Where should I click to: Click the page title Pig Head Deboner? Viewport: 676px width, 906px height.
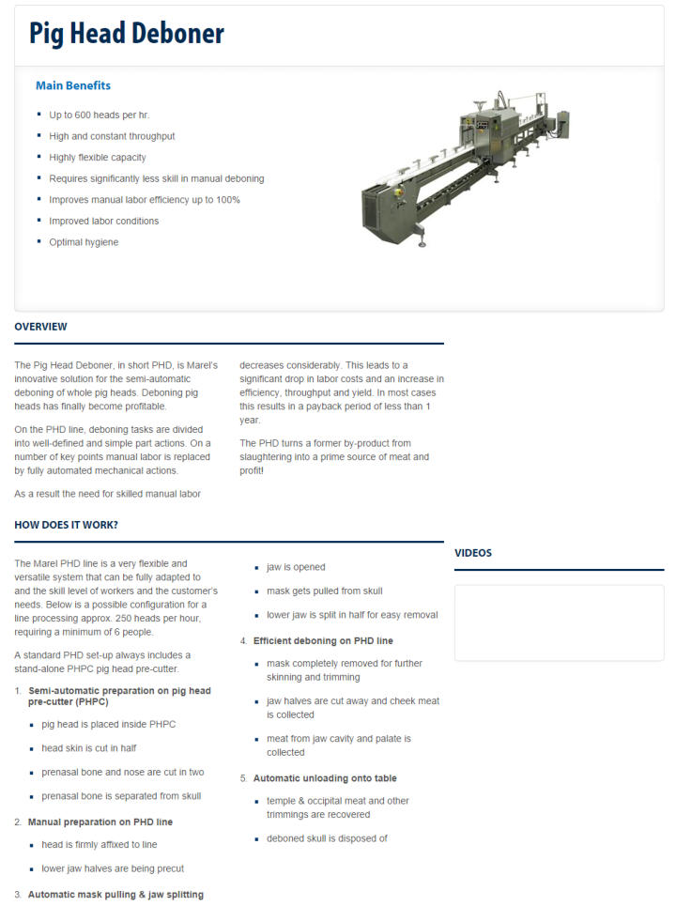point(127,34)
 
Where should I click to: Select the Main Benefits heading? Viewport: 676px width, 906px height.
point(73,85)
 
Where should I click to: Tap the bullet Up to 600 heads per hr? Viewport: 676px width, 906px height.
point(100,115)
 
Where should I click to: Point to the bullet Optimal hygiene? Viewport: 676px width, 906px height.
point(84,242)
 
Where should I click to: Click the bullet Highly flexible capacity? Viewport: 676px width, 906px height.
point(98,158)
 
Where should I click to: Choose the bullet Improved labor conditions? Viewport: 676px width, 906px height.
point(104,221)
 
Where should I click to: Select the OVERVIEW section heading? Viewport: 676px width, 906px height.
point(40,327)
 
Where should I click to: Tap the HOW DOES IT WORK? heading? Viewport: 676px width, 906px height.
point(66,525)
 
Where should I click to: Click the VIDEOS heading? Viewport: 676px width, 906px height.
point(473,553)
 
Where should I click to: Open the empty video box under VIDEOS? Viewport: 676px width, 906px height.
point(559,622)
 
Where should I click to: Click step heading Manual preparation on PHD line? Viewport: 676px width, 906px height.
point(100,822)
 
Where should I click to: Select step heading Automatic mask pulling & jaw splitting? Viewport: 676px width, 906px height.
point(115,895)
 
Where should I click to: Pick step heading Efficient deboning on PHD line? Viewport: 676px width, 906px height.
point(323,640)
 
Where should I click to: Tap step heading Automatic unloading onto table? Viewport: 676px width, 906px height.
point(325,778)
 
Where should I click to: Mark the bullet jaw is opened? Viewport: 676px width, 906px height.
point(296,567)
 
